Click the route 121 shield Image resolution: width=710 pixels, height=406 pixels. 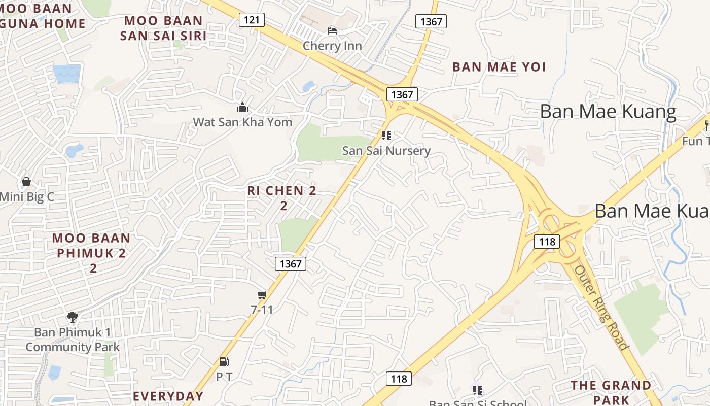point(252,20)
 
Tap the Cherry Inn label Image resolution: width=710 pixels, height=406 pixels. point(332,46)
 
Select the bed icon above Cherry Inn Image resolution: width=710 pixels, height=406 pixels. point(332,31)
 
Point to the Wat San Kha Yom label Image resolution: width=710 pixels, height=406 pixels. point(242,122)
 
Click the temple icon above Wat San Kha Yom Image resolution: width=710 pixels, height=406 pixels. point(242,107)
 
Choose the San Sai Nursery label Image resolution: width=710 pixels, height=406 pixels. point(386,150)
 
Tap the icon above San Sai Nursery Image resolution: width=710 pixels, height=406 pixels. point(386,136)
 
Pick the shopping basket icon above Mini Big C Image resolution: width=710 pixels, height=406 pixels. point(26,182)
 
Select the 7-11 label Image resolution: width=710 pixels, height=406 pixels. point(262,309)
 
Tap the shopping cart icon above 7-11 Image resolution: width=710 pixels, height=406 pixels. point(262,295)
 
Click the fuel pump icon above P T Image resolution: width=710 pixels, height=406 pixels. point(224,362)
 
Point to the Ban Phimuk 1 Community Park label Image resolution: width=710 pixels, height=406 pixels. point(73,340)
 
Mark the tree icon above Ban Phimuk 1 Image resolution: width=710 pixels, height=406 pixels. point(73,317)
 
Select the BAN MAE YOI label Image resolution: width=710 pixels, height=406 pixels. point(499,67)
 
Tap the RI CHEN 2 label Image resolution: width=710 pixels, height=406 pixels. point(282,191)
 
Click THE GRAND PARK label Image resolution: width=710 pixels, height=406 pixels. point(611,392)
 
